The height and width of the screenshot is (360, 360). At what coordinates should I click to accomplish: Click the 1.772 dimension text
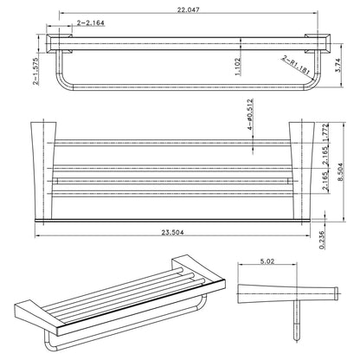coord(325,133)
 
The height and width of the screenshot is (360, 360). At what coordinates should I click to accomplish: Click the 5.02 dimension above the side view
coord(272,257)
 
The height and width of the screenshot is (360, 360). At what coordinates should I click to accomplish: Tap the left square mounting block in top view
coord(59,44)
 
